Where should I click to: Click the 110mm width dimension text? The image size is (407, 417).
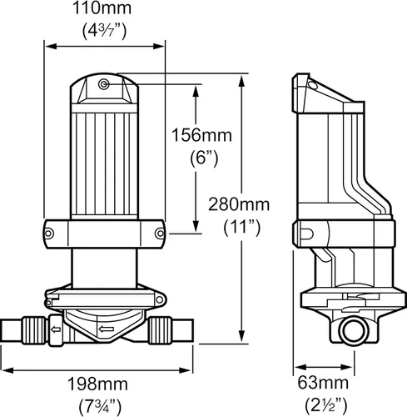pos(104,9)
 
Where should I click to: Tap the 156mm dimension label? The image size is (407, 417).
pos(196,134)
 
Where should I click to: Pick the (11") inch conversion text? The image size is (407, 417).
pos(241,226)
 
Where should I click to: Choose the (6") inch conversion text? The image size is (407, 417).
pos(196,156)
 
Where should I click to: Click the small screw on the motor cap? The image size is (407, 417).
pos(102,85)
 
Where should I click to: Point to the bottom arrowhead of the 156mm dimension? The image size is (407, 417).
pos(196,229)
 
